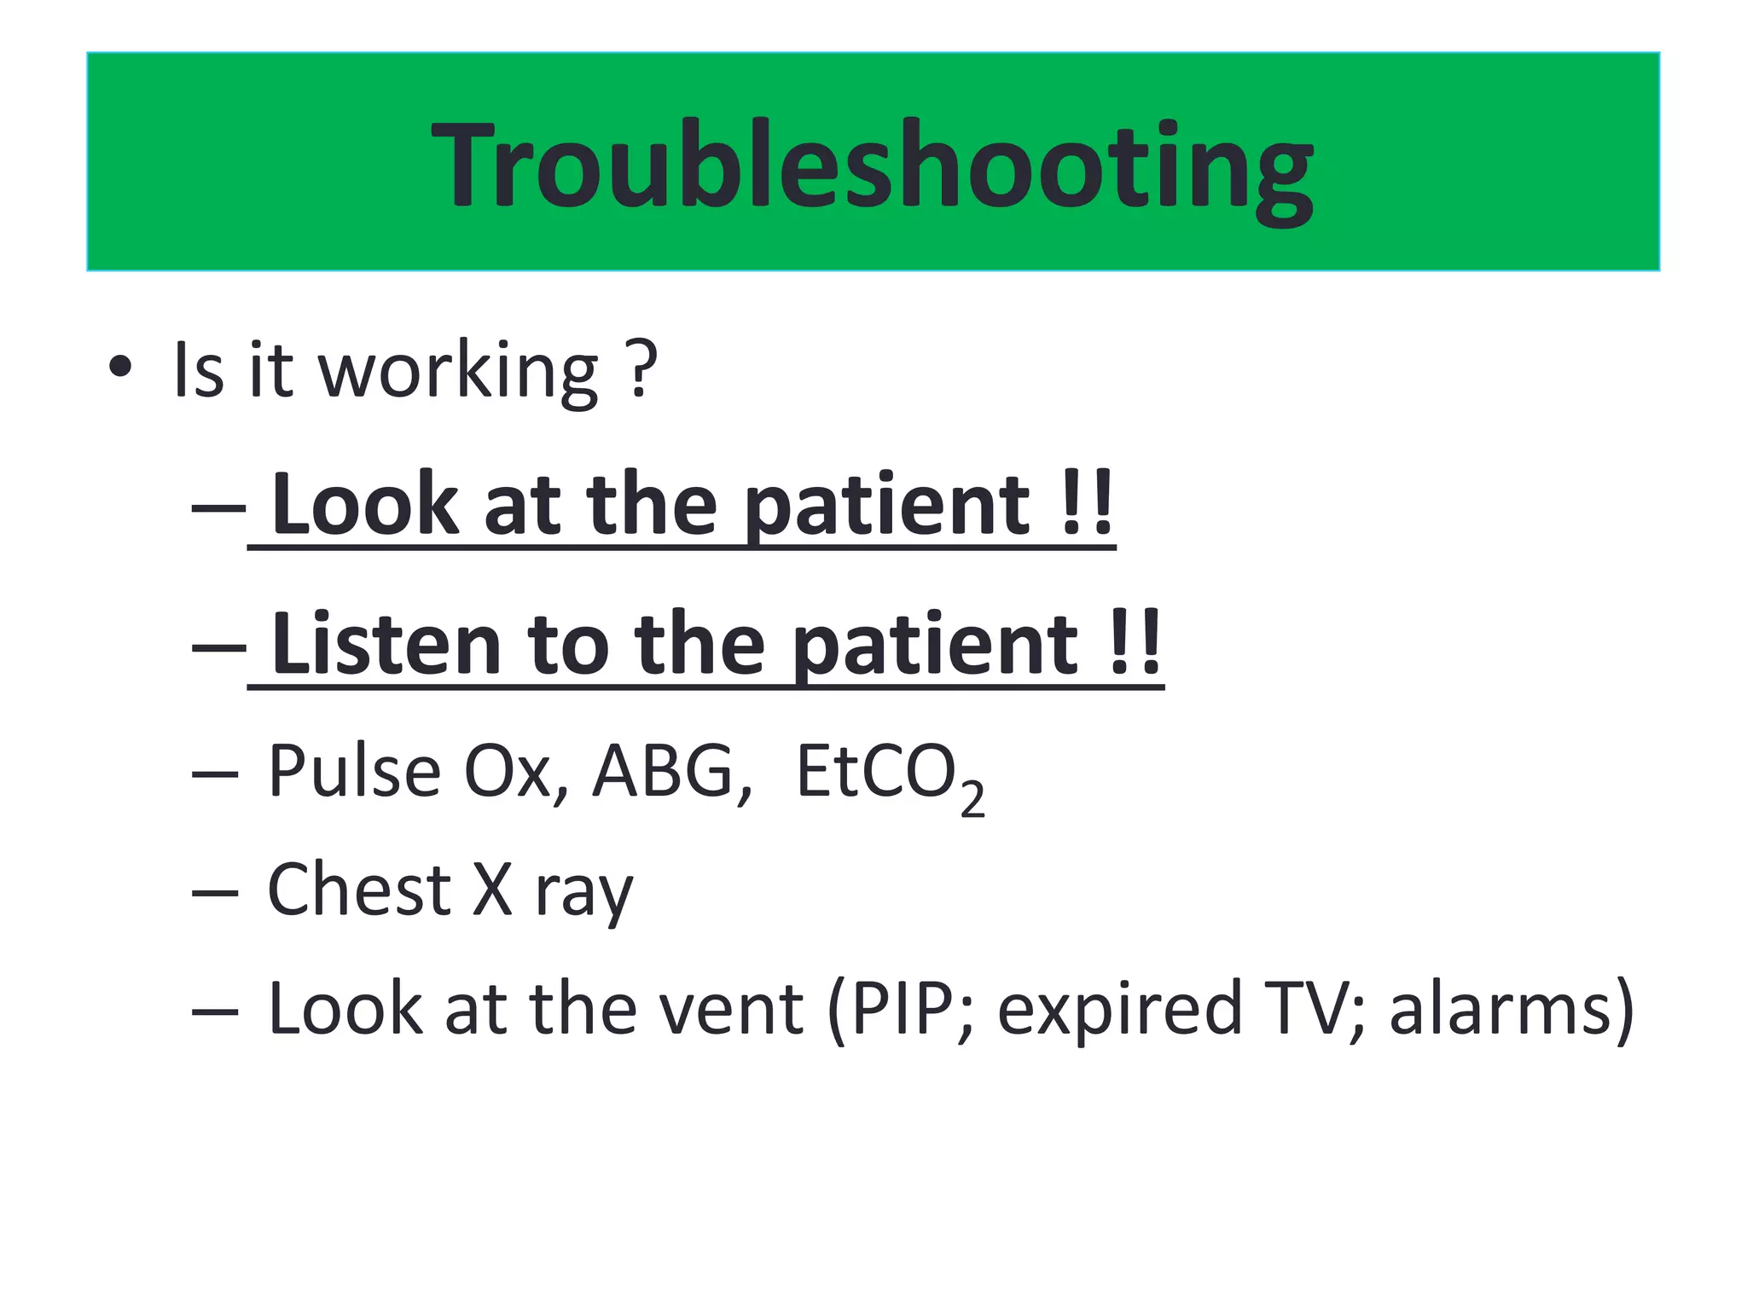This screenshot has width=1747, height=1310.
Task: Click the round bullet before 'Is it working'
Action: tap(121, 368)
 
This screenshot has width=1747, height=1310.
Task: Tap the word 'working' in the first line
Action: tap(458, 373)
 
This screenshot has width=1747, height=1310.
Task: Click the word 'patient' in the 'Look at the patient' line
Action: tap(887, 507)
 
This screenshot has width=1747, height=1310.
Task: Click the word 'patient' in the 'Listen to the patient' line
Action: tap(935, 646)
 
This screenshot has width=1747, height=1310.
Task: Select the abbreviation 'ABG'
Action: tap(664, 771)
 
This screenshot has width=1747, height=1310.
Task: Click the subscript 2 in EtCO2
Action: tap(972, 800)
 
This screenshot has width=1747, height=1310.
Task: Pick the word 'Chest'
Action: tap(358, 890)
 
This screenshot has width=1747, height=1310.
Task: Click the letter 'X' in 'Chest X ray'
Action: tap(492, 890)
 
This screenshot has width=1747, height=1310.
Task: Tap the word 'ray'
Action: tap(583, 894)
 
